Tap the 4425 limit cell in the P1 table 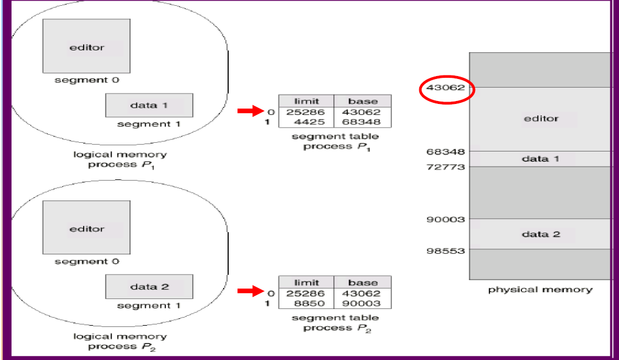305,122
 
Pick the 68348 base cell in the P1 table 362,122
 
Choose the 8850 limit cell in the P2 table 305,303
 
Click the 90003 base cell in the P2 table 362,303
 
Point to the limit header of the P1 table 306,101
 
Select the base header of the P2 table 363,282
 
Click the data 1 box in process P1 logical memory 149,106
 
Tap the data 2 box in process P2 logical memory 149,287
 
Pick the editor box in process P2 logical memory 86,229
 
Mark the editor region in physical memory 541,119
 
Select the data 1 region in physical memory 541,159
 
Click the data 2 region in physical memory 541,234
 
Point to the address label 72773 445,167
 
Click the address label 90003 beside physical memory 445,219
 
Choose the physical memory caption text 540,289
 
